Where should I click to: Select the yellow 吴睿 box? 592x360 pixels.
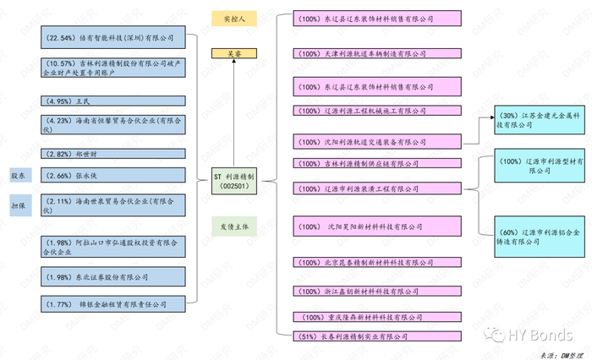[x=234, y=52]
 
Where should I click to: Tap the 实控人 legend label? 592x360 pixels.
[x=234, y=18]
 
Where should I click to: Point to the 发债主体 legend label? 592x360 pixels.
[x=234, y=226]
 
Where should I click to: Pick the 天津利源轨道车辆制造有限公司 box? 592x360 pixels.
[x=376, y=52]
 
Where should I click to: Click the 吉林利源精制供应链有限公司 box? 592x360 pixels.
[x=376, y=163]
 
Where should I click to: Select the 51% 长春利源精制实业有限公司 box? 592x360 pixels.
[x=376, y=336]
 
